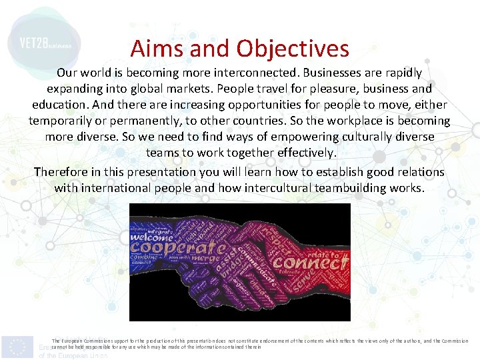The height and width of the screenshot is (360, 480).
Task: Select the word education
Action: [x=61, y=105]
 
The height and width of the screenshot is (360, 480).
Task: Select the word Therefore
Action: [x=63, y=171]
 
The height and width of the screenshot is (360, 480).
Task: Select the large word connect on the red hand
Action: [x=315, y=262]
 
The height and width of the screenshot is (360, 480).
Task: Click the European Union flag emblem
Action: [x=17, y=346]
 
